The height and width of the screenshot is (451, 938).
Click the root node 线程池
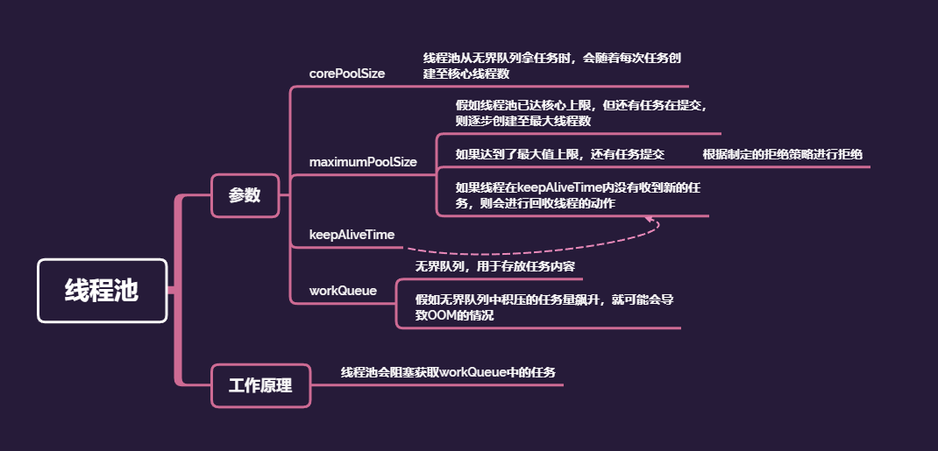click(102, 291)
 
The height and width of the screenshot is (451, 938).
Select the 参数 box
click(245, 195)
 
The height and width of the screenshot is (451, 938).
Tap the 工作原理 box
click(260, 385)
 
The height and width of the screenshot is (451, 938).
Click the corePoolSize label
click(347, 74)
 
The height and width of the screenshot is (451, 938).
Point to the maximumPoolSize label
click(363, 162)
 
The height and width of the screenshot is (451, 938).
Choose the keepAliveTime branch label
click(352, 235)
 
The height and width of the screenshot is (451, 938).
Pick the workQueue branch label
click(343, 291)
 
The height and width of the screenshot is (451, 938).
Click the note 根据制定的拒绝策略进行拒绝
click(782, 154)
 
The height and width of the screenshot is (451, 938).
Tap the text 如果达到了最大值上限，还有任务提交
click(559, 154)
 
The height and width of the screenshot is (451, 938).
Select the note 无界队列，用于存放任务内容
click(494, 265)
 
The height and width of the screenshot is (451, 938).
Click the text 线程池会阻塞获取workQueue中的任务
click(448, 372)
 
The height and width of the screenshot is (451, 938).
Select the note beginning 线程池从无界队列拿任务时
click(552, 66)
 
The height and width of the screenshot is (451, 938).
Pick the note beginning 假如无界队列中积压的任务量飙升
click(544, 307)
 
